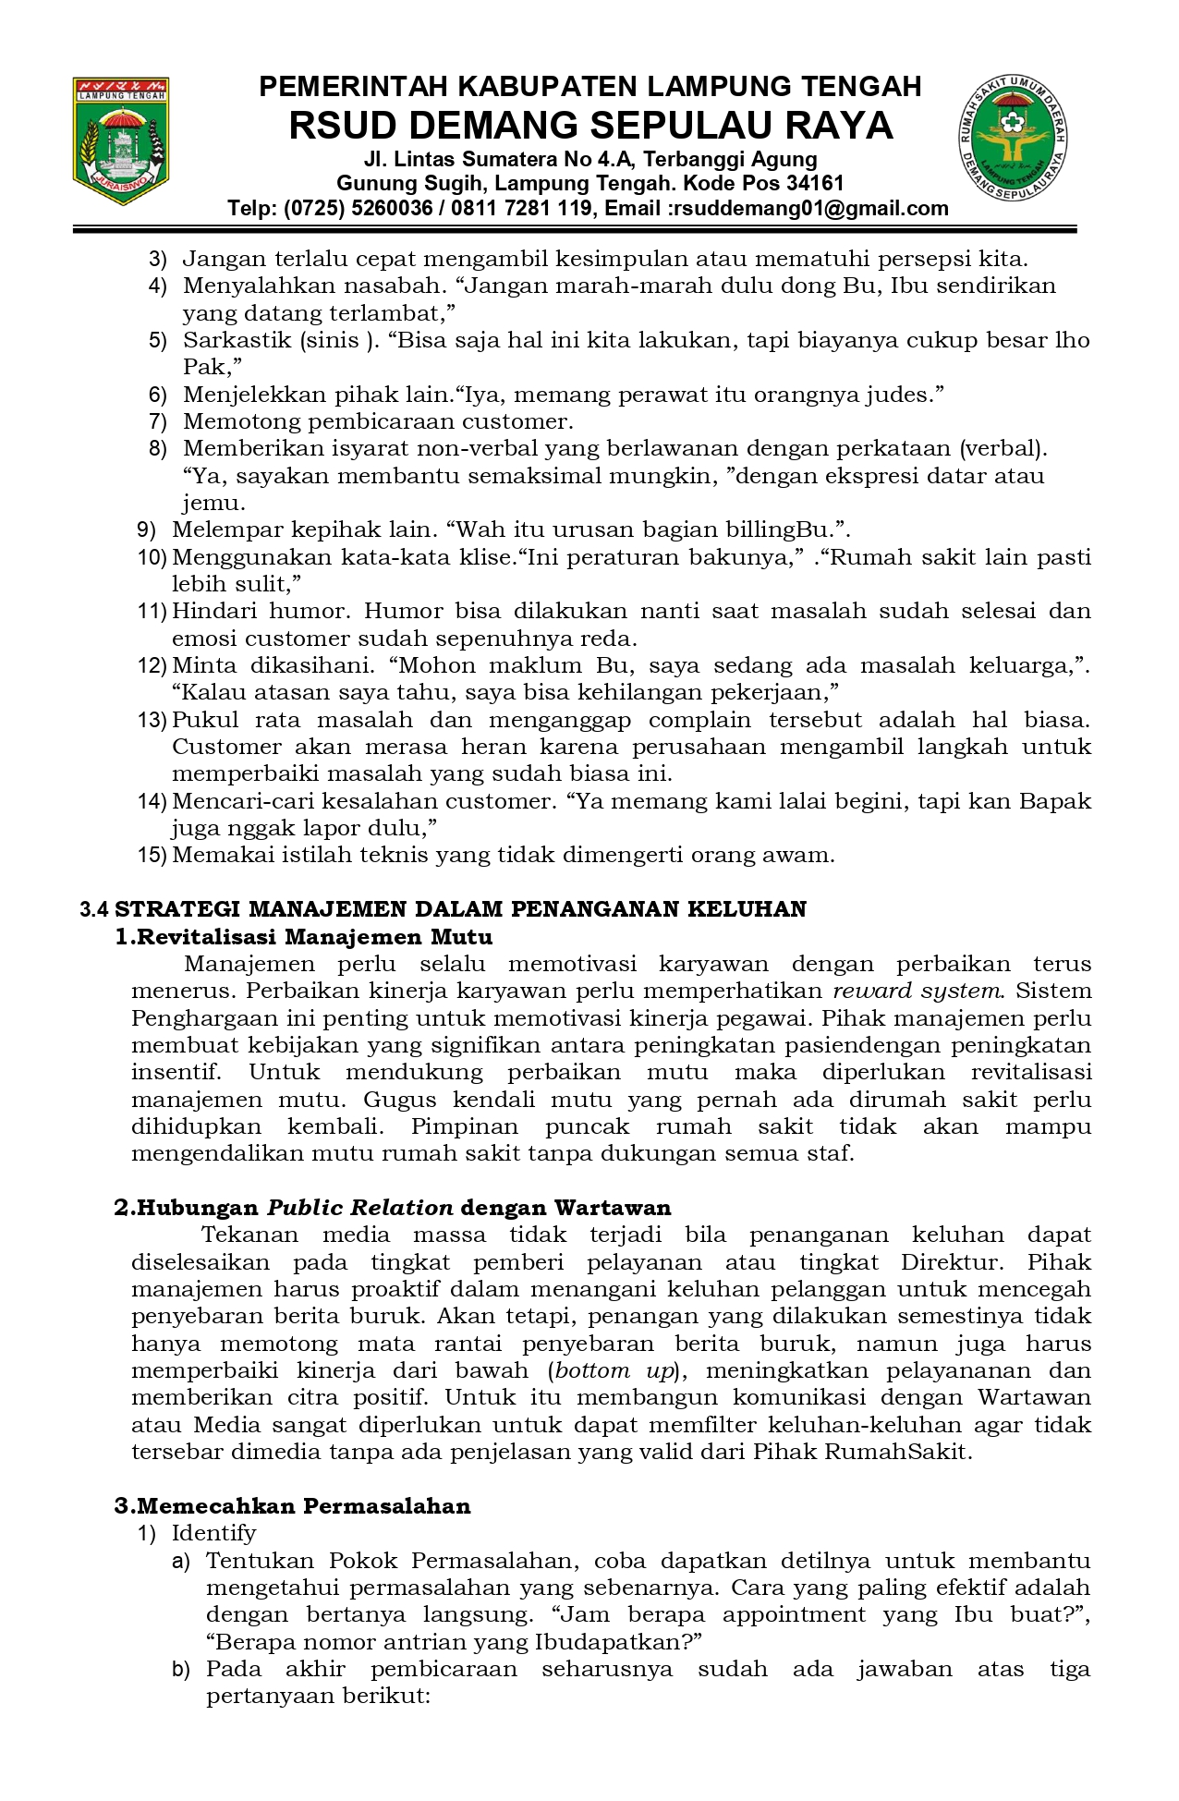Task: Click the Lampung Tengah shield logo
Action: point(121,141)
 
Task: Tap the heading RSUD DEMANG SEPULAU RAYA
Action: point(590,126)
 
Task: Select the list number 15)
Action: point(152,855)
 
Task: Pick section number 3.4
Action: point(94,909)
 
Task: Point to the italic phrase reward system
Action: point(917,991)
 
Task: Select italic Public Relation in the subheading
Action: point(360,1208)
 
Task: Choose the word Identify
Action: point(213,1533)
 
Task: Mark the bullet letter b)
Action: point(180,1669)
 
